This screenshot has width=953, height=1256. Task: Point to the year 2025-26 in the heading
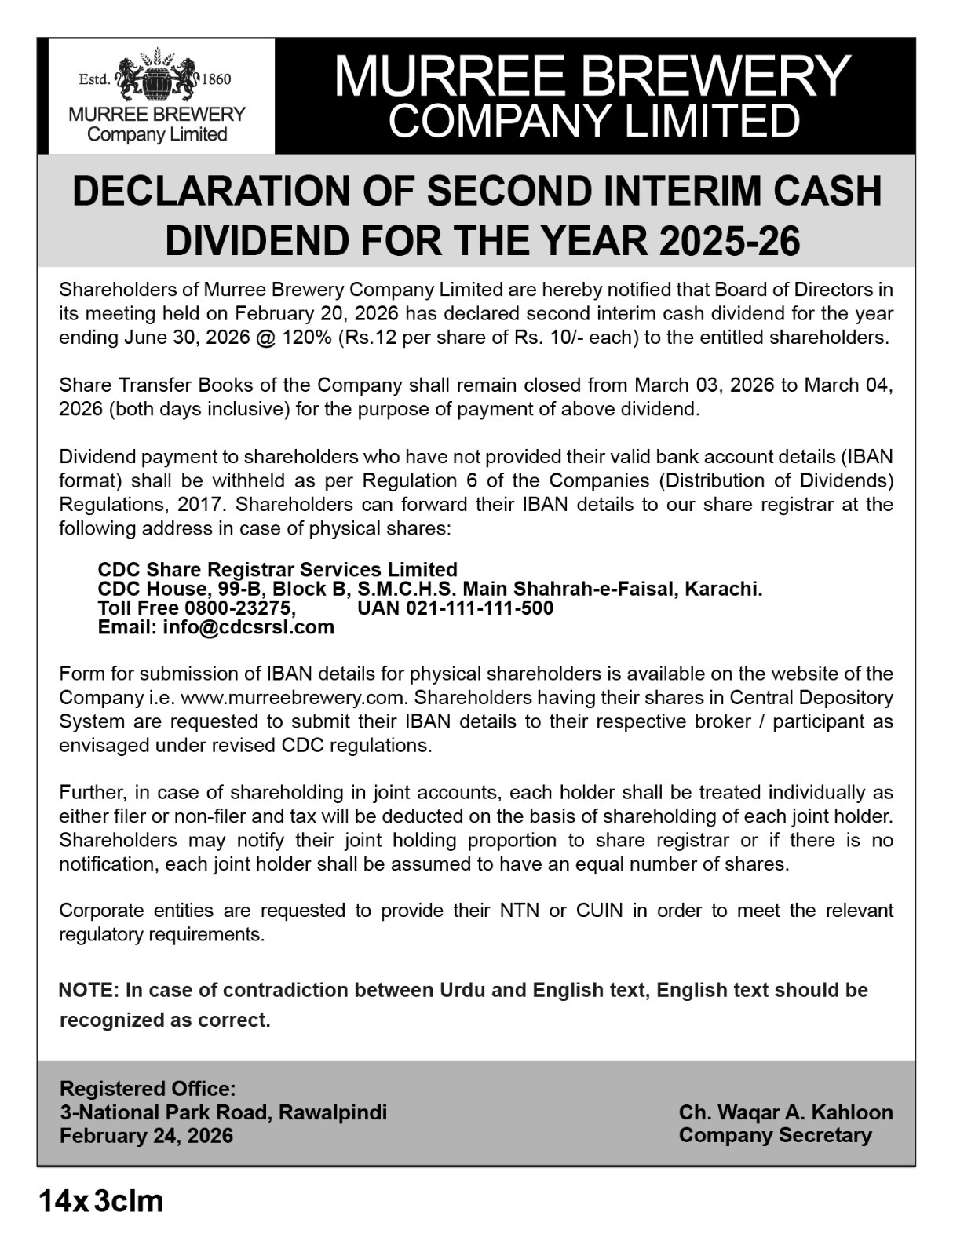click(x=729, y=241)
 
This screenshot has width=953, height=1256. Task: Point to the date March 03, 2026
click(x=703, y=385)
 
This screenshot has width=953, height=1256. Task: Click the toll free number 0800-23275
click(x=240, y=608)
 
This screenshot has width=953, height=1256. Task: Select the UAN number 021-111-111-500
click(x=479, y=608)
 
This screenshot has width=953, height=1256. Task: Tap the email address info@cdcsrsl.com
click(x=248, y=627)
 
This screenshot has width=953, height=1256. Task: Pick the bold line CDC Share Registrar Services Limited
click(x=277, y=569)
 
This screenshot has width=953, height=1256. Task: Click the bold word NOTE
click(x=87, y=991)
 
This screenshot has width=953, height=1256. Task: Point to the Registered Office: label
click(x=148, y=1089)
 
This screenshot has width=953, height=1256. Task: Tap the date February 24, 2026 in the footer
click(x=146, y=1136)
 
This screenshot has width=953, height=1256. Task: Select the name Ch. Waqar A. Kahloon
click(x=785, y=1112)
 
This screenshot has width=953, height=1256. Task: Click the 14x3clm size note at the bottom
click(x=101, y=1201)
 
